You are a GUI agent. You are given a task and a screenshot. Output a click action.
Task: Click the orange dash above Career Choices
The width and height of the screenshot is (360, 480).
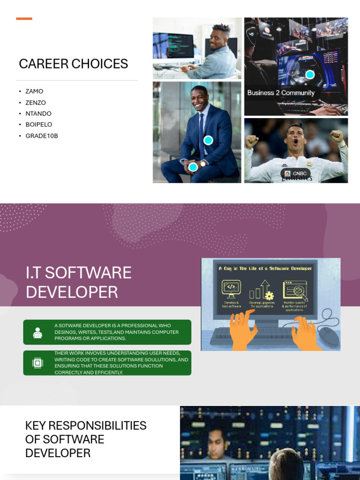coord(24,19)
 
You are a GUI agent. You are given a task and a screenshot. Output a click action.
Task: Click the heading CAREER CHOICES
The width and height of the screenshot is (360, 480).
coord(73,64)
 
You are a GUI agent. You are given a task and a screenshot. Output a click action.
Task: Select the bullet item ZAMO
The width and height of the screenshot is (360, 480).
coord(34,91)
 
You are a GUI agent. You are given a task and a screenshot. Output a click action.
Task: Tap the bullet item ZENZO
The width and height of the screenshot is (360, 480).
coord(36,103)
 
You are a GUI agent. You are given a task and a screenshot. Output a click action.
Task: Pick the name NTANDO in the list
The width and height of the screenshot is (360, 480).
coord(38,113)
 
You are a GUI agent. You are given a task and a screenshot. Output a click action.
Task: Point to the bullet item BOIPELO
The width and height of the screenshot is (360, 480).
coord(39,125)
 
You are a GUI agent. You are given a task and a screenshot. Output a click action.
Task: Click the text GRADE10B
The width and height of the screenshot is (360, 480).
coord(42,136)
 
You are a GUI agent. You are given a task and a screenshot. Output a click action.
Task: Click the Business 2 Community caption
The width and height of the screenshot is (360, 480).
coord(281,93)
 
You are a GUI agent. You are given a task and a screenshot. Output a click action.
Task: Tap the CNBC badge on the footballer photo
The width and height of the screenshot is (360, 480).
coord(296,173)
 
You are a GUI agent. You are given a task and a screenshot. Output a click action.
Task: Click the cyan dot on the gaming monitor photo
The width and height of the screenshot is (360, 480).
coord(310,75)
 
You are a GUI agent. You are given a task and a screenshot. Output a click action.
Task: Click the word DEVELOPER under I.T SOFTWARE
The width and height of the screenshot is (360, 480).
coord(72,292)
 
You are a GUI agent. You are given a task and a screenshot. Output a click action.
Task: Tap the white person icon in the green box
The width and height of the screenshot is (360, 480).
coord(37,332)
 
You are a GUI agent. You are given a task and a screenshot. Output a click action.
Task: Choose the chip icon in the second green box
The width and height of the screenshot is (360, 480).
coord(37,363)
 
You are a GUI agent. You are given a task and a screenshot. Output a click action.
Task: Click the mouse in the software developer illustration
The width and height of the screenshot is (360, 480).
coord(329,336)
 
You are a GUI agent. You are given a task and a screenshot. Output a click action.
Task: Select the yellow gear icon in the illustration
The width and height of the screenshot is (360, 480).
coord(269,296)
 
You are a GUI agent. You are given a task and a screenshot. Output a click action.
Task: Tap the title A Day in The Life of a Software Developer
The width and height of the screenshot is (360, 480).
coord(265,268)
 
